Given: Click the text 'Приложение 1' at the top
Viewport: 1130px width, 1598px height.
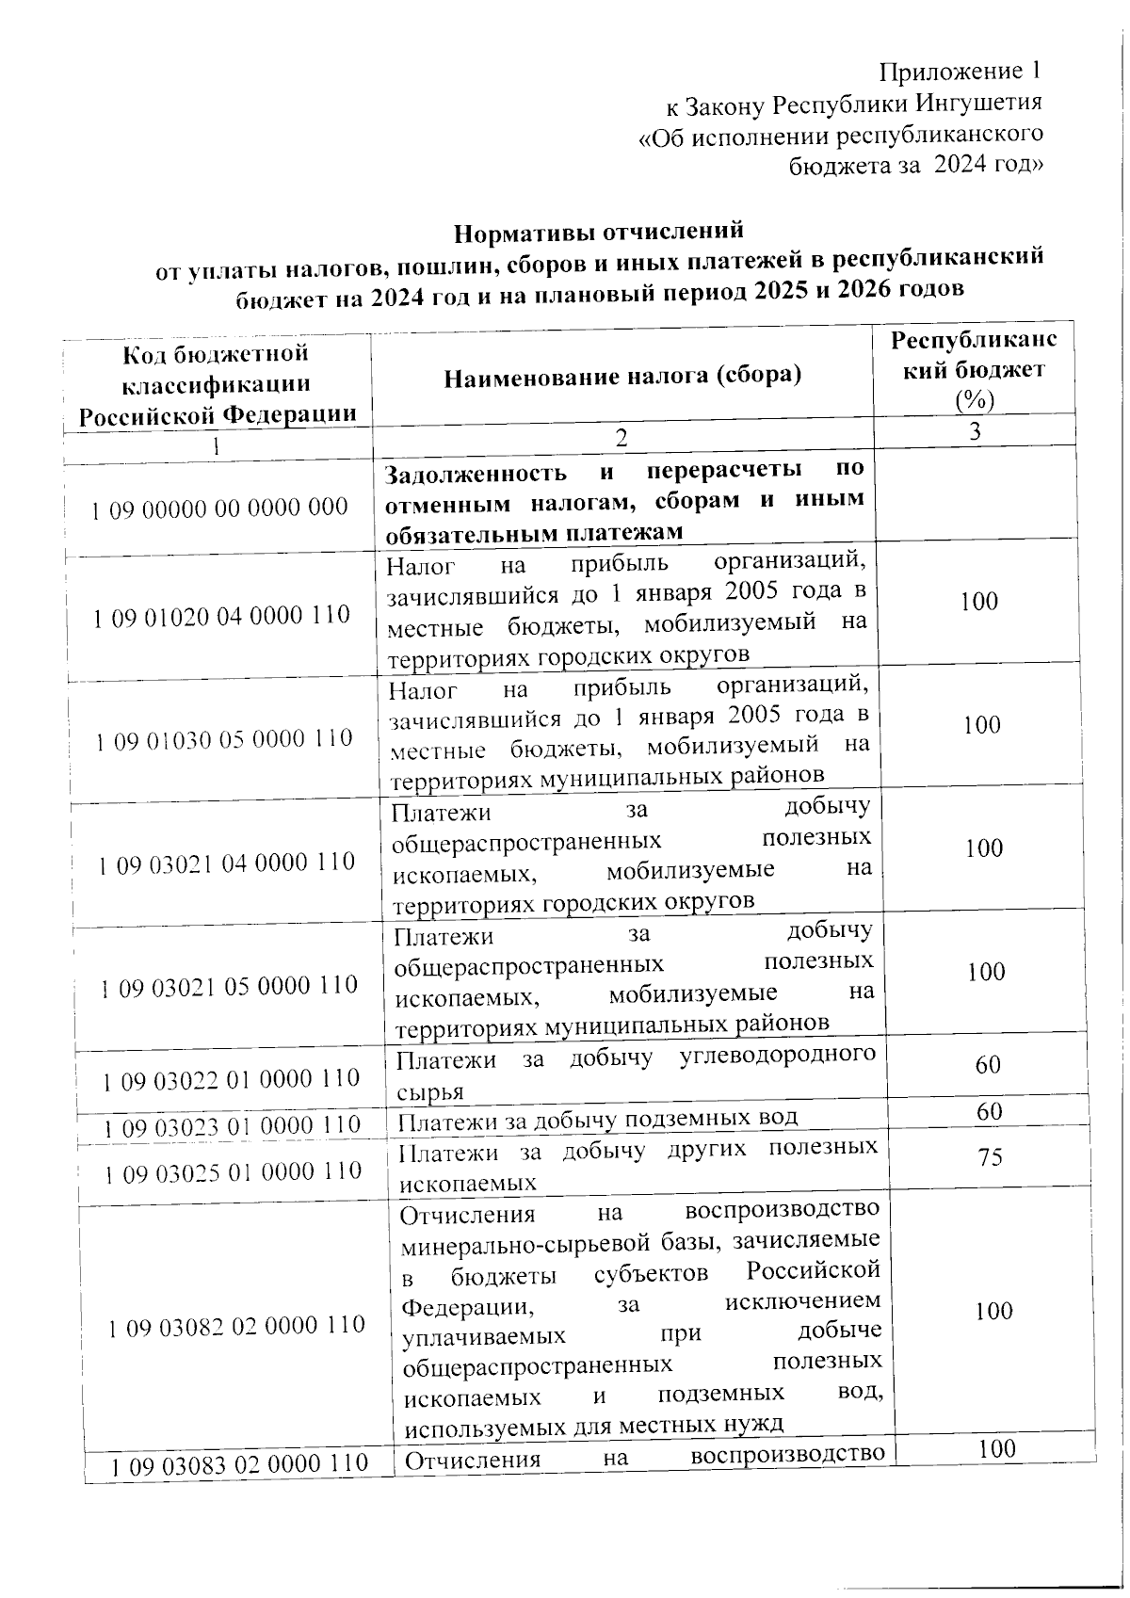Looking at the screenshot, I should click(x=960, y=72).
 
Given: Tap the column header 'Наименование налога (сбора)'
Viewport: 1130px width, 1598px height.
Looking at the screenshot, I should click(x=621, y=377).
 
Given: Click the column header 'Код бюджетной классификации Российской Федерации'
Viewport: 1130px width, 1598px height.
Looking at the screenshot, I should click(x=217, y=384).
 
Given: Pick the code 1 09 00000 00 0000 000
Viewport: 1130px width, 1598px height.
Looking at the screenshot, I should click(x=219, y=508).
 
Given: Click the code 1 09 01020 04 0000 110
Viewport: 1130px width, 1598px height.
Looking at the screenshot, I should click(x=221, y=617).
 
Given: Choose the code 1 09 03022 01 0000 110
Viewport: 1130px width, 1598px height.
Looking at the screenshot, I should click(x=231, y=1078).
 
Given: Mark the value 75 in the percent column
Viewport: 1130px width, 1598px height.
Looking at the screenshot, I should click(x=989, y=1157).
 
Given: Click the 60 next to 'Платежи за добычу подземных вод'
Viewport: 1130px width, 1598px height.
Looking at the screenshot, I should click(x=989, y=1112).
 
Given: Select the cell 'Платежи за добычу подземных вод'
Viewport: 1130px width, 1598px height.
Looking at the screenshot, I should click(x=597, y=1120).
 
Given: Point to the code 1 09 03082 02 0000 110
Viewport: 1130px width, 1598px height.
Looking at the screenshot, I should click(x=236, y=1327).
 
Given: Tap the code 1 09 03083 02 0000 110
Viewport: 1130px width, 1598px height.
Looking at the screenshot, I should click(x=238, y=1465).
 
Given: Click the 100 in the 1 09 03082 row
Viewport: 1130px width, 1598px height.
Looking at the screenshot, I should click(x=993, y=1311).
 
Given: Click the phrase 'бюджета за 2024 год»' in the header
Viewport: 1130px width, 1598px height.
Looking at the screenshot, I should click(x=914, y=166).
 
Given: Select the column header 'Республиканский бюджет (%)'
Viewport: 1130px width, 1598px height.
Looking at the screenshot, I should click(x=974, y=369).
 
